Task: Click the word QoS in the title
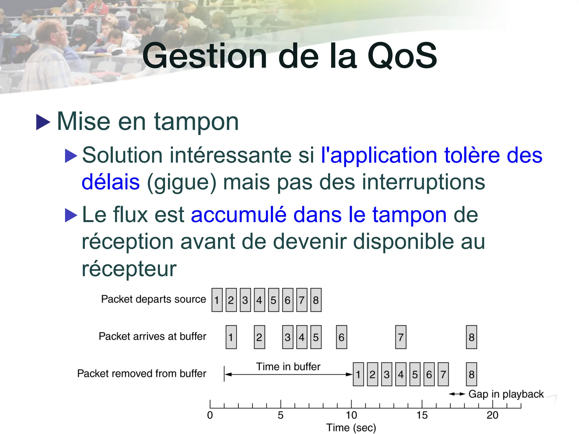tap(402, 56)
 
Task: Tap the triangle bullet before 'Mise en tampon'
tap(43, 122)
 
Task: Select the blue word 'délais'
tap(111, 182)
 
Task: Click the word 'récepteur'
tap(129, 268)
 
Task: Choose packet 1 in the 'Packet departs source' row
tap(217, 300)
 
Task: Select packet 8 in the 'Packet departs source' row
tap(316, 300)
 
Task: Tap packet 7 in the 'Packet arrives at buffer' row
tap(401, 337)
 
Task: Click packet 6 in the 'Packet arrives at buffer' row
tap(341, 337)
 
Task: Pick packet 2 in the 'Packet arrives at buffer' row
tap(259, 337)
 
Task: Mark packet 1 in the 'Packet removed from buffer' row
tap(358, 374)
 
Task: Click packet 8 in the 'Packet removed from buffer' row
tap(471, 374)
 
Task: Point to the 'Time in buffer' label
tap(288, 367)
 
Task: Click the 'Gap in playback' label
tap(506, 394)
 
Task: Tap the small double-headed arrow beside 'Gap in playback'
tap(457, 394)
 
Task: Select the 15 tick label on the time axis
tap(422, 415)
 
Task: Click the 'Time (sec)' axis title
tap(351, 428)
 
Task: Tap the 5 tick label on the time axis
tap(280, 415)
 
